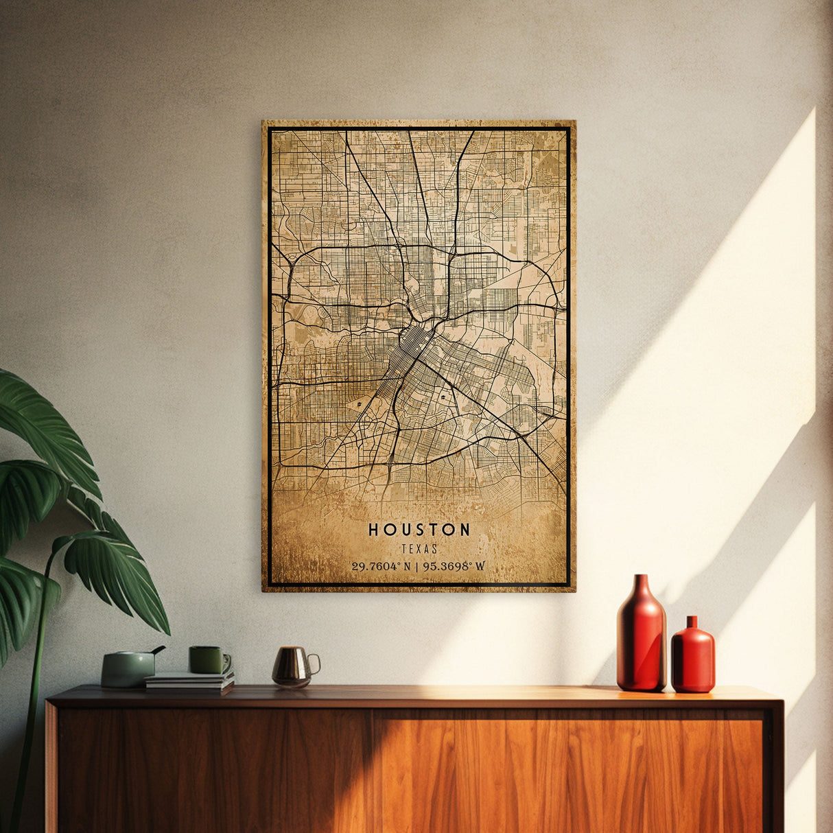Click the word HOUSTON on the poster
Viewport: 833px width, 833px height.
pyautogui.click(x=419, y=530)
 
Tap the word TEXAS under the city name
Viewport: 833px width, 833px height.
pyautogui.click(x=419, y=549)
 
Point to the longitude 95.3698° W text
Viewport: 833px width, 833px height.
pyautogui.click(x=454, y=566)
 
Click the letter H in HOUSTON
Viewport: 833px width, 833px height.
pyautogui.click(x=374, y=530)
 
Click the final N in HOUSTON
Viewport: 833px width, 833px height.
pyautogui.click(x=465, y=530)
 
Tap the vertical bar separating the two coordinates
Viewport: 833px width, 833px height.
pyautogui.click(x=416, y=566)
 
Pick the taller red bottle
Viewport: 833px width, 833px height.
pyautogui.click(x=641, y=638)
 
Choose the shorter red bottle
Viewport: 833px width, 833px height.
pyautogui.click(x=692, y=657)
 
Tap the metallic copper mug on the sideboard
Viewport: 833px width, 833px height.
pyautogui.click(x=291, y=666)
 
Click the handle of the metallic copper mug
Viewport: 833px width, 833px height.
pyautogui.click(x=315, y=664)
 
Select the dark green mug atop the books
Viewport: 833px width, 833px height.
pyautogui.click(x=207, y=659)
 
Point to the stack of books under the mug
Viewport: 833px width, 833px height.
pyautogui.click(x=189, y=682)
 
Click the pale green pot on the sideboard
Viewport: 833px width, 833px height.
pyautogui.click(x=128, y=668)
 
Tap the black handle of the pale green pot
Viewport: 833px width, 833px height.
pyautogui.click(x=159, y=649)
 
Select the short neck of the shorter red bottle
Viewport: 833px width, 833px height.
pyautogui.click(x=692, y=623)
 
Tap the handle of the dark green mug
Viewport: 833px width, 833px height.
pyautogui.click(x=227, y=661)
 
